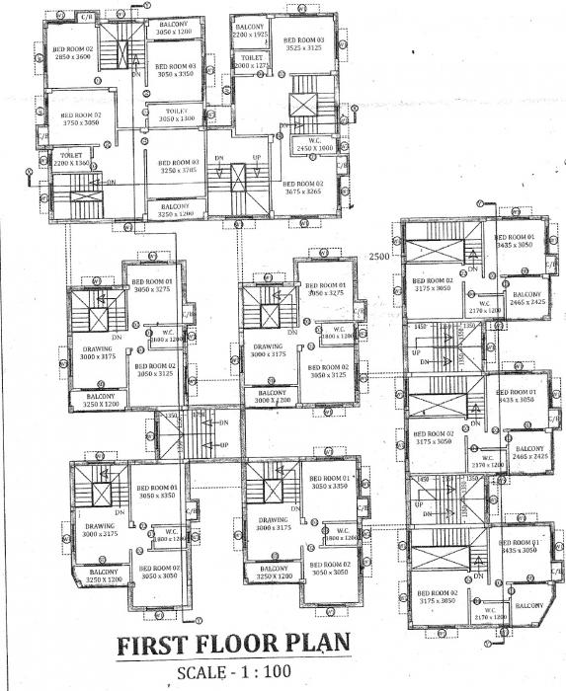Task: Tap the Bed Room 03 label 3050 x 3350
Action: click(176, 70)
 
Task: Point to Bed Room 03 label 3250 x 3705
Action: click(175, 166)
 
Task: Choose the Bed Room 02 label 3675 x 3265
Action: click(301, 188)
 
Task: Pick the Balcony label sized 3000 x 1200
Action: click(268, 397)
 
